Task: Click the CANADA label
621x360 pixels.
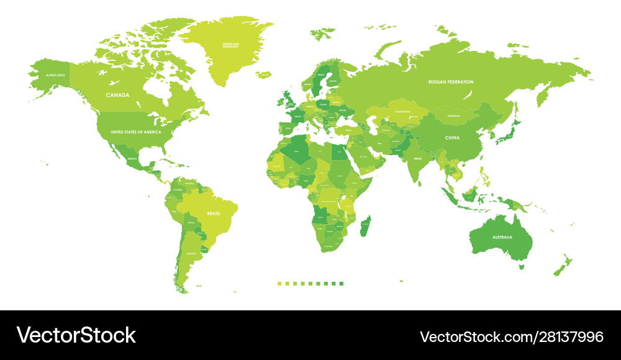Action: pos(117,95)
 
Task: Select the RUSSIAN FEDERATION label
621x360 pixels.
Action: pos(451,82)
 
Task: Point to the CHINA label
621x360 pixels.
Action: pos(451,137)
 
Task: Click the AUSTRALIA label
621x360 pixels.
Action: pos(502,238)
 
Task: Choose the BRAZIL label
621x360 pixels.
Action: pos(214,213)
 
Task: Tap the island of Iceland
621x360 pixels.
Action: pos(265,74)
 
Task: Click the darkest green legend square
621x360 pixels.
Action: pos(341,284)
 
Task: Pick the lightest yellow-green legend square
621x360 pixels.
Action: pos(279,284)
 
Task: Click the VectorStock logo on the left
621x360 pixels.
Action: pos(76,335)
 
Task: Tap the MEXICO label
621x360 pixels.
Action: pos(132,158)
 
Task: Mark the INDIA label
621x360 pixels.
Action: pos(417,158)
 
